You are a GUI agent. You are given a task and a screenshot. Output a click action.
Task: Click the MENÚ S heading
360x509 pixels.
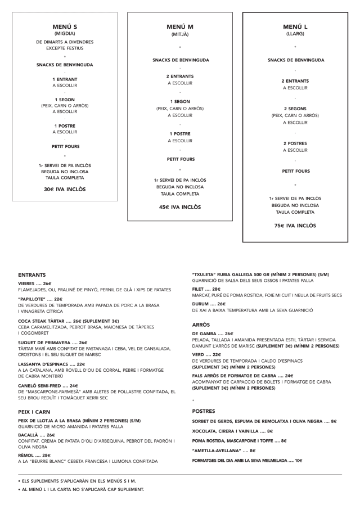click(65, 26)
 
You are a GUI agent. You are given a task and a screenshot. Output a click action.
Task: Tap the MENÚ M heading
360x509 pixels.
click(180, 27)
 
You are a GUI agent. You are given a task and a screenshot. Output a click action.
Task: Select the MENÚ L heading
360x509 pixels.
click(295, 26)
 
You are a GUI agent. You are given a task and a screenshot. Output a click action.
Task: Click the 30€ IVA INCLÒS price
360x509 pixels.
click(65, 189)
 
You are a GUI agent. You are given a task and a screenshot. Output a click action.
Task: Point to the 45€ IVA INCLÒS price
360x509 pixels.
click(180, 207)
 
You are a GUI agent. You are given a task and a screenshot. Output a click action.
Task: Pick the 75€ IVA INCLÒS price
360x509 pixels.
click(295, 226)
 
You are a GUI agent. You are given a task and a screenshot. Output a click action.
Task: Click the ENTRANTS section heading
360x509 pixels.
click(31, 275)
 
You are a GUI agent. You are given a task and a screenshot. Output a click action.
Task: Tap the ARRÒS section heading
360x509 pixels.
click(201, 325)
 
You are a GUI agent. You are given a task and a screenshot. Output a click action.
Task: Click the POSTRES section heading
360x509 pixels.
click(204, 411)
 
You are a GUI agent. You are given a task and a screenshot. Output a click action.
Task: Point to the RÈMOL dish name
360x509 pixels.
click(26, 455)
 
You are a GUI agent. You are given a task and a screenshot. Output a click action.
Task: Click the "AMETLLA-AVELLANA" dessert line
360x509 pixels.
click(217, 451)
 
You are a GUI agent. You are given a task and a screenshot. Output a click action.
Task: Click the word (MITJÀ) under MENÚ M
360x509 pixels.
click(180, 35)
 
